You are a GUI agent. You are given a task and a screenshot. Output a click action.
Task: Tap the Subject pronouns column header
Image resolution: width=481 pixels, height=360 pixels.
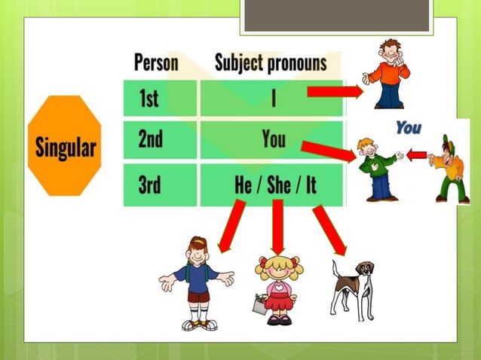pos(271,62)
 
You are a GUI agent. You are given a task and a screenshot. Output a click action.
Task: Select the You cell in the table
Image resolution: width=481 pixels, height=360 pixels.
pos(273,140)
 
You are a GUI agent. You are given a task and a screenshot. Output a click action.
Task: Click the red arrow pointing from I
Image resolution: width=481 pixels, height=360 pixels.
pos(335,92)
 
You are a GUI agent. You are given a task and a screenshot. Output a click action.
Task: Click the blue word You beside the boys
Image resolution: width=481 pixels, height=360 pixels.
pos(408,128)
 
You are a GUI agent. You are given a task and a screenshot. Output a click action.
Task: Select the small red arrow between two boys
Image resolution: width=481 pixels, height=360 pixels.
pos(416,155)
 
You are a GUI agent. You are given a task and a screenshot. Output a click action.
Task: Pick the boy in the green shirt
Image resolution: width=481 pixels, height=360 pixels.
pos(376,169)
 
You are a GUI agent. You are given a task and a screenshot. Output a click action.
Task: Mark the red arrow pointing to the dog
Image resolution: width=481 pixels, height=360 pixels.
pos(329,230)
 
